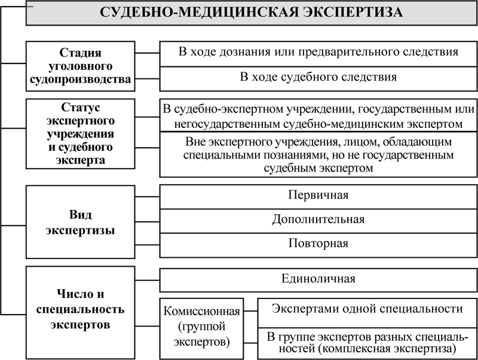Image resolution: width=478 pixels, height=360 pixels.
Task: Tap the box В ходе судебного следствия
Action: point(318,77)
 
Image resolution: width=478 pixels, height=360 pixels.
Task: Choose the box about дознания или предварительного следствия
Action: point(318,51)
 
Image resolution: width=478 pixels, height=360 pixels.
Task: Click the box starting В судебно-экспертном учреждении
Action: point(318,116)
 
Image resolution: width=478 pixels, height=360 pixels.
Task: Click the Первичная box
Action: point(318,196)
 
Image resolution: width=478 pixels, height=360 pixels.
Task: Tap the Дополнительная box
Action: point(318,219)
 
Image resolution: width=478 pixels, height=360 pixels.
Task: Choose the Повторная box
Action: point(318,244)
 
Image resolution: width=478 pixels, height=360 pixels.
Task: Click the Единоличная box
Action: point(318,279)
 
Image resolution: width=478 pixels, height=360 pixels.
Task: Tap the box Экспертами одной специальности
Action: point(367,309)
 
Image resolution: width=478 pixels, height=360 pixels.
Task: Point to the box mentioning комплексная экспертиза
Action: point(367,341)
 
